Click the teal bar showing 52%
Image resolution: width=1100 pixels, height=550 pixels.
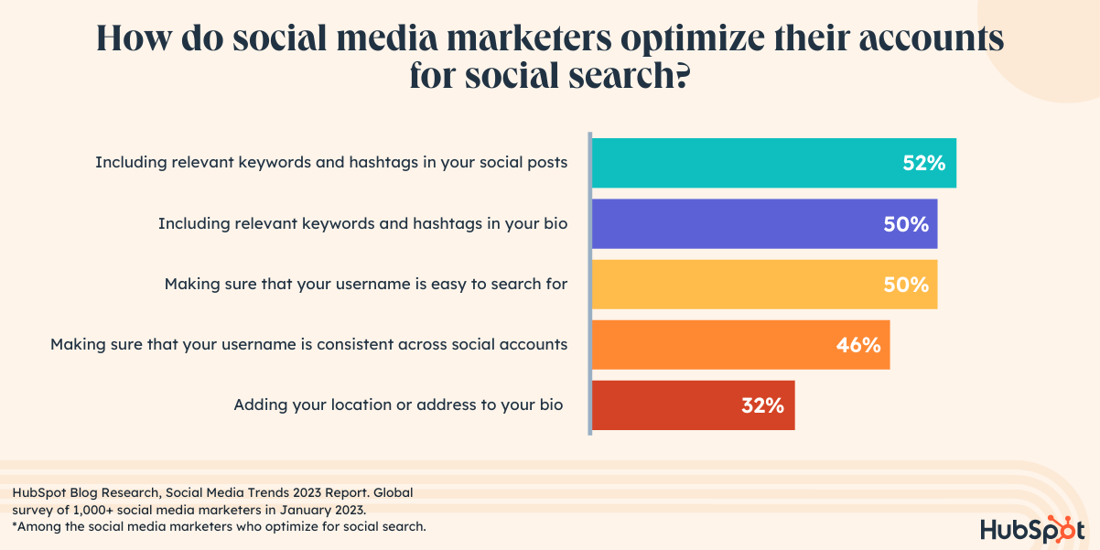(750, 163)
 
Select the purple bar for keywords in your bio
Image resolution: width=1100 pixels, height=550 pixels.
(741, 223)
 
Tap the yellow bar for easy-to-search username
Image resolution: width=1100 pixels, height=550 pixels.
(741, 284)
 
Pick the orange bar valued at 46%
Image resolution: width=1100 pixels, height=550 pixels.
(714, 344)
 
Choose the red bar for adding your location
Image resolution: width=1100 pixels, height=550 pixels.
(668, 405)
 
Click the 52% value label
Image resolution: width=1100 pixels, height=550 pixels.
(923, 164)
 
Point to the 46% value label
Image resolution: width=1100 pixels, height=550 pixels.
(858, 345)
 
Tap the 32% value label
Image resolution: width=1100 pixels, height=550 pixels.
(762, 406)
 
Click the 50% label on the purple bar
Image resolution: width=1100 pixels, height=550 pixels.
(906, 224)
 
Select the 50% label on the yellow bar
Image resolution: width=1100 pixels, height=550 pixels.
(906, 285)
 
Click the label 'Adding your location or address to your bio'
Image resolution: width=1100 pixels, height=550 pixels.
(398, 404)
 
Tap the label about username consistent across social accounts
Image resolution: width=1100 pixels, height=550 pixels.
(309, 344)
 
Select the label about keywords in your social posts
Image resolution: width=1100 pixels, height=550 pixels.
(332, 162)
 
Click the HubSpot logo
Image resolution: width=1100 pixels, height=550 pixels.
(1031, 529)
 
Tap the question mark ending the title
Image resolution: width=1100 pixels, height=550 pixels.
(680, 77)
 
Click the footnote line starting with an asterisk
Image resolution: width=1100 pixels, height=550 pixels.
(220, 526)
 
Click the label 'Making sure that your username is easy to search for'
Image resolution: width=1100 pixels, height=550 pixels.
(366, 284)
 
